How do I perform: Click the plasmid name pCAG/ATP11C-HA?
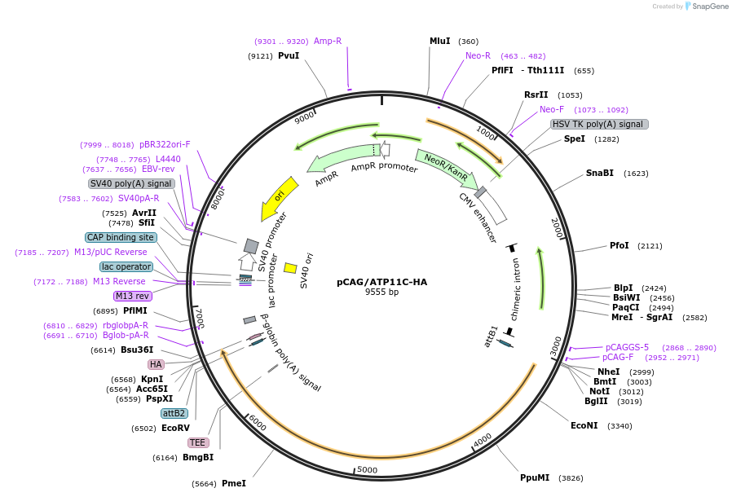coord(381,282)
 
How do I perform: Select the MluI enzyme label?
coord(439,41)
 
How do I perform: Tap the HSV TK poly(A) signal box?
coord(599,124)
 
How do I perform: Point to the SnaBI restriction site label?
coord(599,174)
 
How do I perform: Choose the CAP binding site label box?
coord(121,237)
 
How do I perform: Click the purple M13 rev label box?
coord(132,296)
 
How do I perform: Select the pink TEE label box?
coord(197,442)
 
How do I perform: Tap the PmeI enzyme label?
coord(233,483)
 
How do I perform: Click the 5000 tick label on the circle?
coord(368,469)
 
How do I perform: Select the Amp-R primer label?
coord(328,41)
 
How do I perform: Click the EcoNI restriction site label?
coord(584,425)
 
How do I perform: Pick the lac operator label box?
coord(126,266)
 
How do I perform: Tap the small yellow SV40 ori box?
coord(289,268)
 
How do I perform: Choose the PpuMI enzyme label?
coord(535,477)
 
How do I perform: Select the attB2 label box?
coord(174,413)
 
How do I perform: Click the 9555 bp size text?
coord(381,292)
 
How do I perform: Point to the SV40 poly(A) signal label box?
coord(131,183)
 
